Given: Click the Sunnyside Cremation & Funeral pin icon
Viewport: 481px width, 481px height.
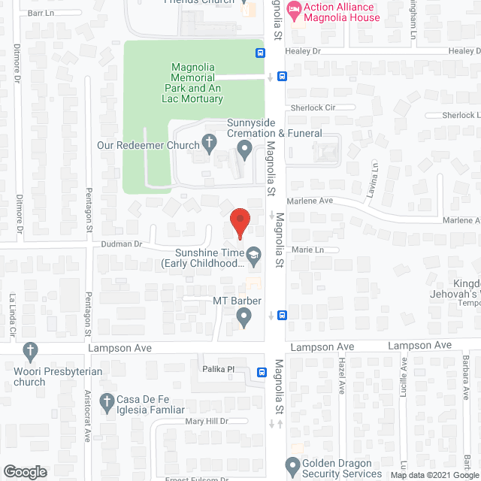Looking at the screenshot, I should point(244,150).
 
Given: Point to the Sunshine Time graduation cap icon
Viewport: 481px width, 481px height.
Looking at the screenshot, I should point(254,257).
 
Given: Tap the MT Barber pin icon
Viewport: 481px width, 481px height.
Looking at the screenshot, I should point(242,319).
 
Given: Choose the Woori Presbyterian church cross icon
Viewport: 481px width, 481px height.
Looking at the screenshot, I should point(30,349).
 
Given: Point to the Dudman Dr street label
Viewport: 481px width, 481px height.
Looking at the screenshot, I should point(117,244).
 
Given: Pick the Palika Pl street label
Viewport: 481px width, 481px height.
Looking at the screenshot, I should point(219,370).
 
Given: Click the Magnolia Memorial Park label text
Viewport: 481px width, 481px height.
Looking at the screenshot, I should point(193,83).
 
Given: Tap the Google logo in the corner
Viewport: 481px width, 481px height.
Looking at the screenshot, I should point(24,471).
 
